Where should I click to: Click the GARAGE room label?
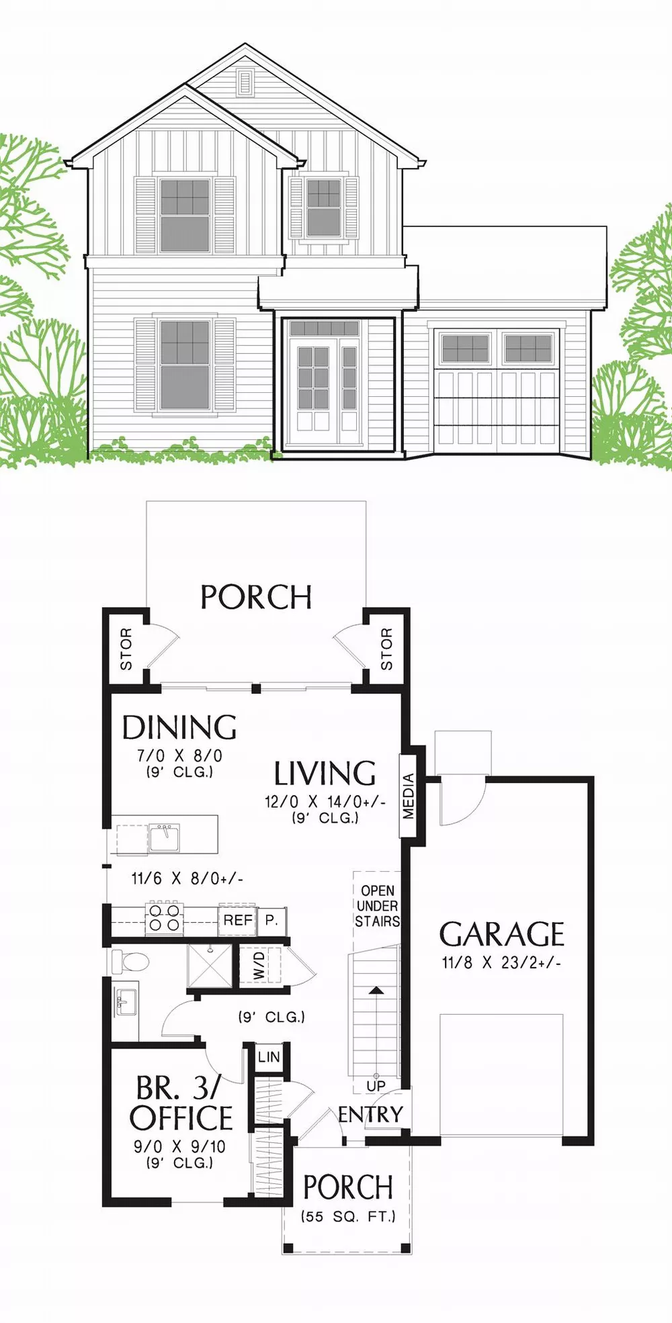tap(501, 934)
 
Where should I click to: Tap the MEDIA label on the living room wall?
tap(409, 796)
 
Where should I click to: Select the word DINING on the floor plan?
tap(179, 727)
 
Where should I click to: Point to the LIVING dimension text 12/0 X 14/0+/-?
tap(325, 802)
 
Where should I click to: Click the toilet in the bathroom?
tap(130, 962)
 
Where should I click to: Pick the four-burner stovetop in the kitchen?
tap(165, 918)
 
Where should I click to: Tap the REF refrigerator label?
tap(238, 920)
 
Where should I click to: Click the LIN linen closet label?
tap(269, 1056)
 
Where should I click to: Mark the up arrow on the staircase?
tap(376, 990)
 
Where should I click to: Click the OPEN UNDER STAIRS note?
tap(377, 906)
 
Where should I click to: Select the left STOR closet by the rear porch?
tap(126, 649)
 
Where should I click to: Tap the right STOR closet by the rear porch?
tap(386, 649)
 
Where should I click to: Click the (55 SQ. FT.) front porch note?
tap(347, 1216)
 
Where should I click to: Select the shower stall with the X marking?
tap(209, 965)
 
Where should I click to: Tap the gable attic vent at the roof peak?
tap(245, 83)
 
